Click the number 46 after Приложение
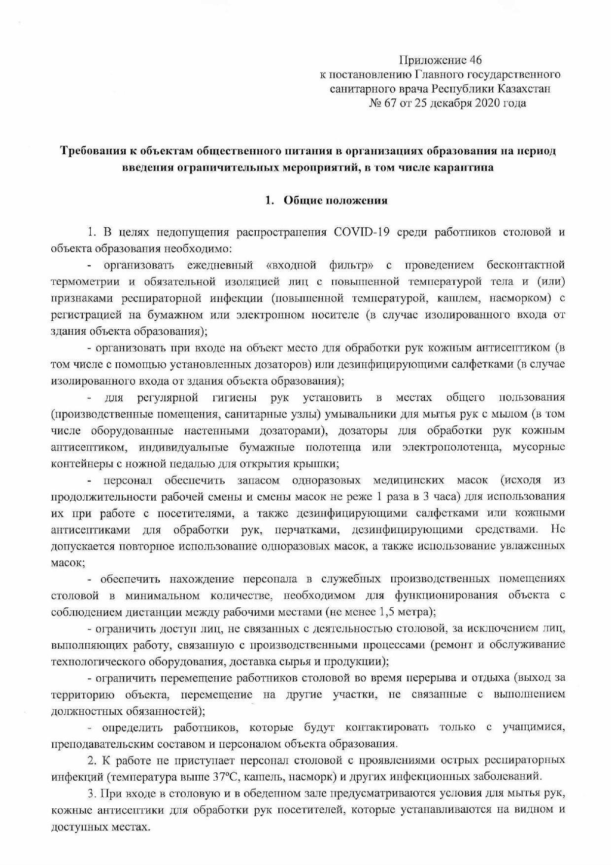pos(475,60)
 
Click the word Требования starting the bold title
pos(91,151)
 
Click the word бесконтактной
pos(525,266)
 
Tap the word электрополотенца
pos(453,448)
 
